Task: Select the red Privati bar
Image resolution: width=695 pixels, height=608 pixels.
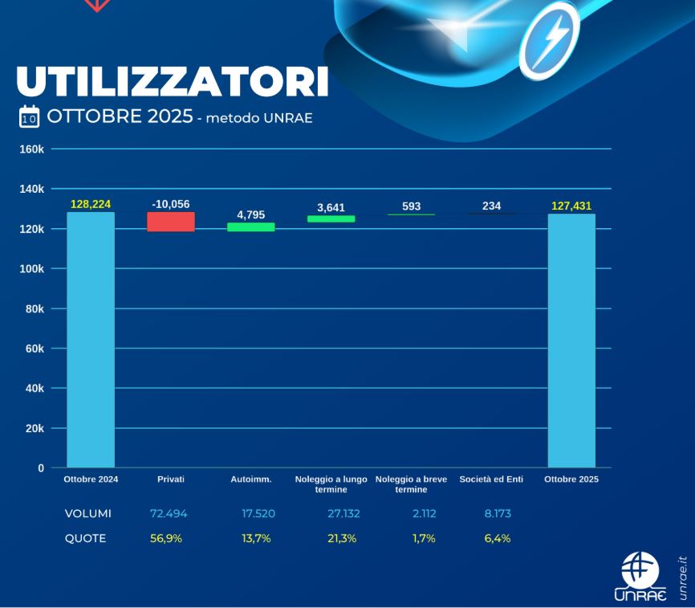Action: coord(171,222)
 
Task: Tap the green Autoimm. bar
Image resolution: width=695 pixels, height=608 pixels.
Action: coord(251,227)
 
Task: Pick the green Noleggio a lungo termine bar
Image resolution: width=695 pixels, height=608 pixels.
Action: coord(331,218)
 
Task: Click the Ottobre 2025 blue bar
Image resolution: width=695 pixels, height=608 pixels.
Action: coord(571,340)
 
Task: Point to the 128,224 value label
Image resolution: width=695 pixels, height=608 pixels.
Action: coord(91,204)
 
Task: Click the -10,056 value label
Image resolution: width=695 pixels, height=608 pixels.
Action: coord(171,204)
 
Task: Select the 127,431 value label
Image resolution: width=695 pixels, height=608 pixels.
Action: coord(571,206)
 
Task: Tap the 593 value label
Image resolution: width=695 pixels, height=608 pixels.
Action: coord(411,206)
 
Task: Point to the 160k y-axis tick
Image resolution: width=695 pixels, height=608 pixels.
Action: coord(31,149)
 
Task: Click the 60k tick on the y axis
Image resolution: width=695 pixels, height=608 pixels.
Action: coord(35,349)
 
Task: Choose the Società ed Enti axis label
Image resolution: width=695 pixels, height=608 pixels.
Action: coord(491,479)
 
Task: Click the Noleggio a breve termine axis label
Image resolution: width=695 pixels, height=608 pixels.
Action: coord(411,484)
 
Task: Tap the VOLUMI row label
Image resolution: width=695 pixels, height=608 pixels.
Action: coord(88,513)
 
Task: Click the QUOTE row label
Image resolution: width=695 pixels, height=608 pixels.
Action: coord(85,538)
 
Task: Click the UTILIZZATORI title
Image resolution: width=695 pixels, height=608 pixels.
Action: coord(172,80)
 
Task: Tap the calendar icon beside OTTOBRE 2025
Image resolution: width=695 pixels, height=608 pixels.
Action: coord(29,117)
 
